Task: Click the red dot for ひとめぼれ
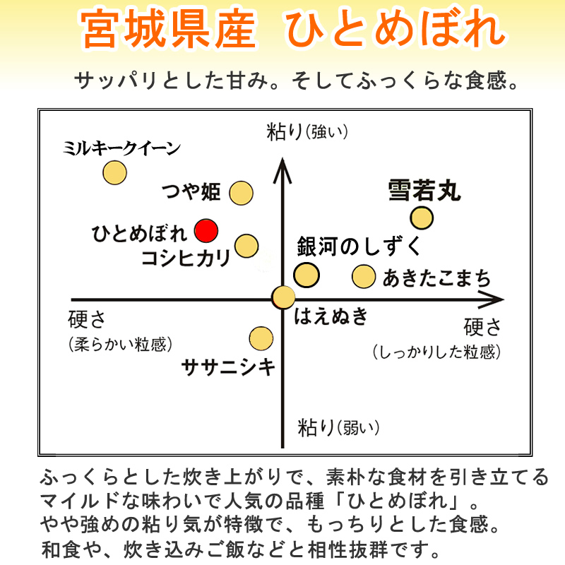207,230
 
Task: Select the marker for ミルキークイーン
114,172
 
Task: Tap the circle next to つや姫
241,192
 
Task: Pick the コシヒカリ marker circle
246,246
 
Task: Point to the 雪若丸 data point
422,218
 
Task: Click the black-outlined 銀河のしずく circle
307,275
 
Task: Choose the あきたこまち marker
364,276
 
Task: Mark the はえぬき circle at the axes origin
283,297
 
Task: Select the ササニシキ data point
261,338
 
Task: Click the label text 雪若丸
424,191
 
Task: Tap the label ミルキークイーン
121,148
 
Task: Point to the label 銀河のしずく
359,247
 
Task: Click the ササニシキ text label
228,367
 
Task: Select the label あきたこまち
437,278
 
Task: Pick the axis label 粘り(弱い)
338,427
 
